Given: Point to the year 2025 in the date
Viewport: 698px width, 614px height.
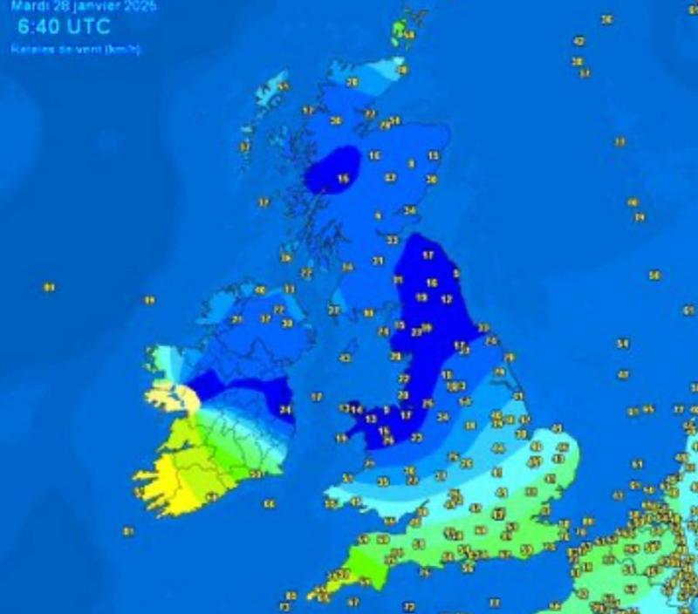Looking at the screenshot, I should (x=140, y=8).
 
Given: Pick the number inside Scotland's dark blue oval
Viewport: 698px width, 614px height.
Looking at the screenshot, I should (x=343, y=179).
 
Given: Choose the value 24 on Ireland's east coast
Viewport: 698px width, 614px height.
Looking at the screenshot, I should (x=284, y=409).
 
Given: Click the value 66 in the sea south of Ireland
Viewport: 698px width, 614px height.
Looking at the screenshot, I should (x=269, y=503).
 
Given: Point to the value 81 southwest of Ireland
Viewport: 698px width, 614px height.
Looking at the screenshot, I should (x=129, y=531).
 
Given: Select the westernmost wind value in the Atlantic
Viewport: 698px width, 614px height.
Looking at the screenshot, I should (x=50, y=287).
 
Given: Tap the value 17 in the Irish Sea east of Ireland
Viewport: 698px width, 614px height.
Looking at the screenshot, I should (x=317, y=397).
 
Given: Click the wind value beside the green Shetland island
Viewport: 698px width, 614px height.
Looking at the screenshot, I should (x=409, y=35).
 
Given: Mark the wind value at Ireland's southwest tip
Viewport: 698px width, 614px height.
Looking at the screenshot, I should (x=140, y=493).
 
